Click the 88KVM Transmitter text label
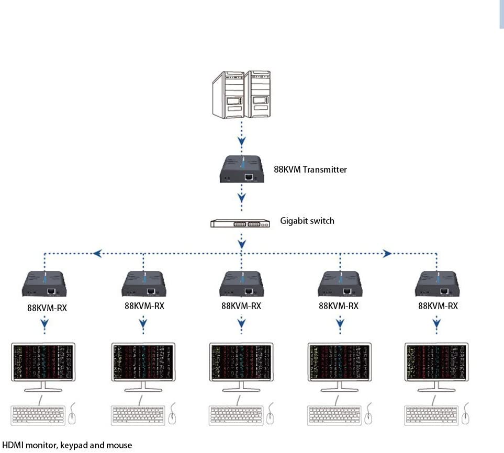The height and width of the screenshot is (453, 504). pos(310,169)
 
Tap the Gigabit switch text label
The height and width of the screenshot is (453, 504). pos(307,221)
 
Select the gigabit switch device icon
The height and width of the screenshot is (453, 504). pos(241,223)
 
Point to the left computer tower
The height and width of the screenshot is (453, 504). pos(228,94)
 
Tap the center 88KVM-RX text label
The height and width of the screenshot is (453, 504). pos(241,306)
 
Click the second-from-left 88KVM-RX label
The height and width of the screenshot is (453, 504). pos(144,306)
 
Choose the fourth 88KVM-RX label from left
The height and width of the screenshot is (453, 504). pos(339,306)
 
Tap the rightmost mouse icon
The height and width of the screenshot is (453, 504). pos(466,414)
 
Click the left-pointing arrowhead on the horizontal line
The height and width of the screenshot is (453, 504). pos(97,254)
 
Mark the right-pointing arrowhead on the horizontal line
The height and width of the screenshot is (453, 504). pos(387,254)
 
